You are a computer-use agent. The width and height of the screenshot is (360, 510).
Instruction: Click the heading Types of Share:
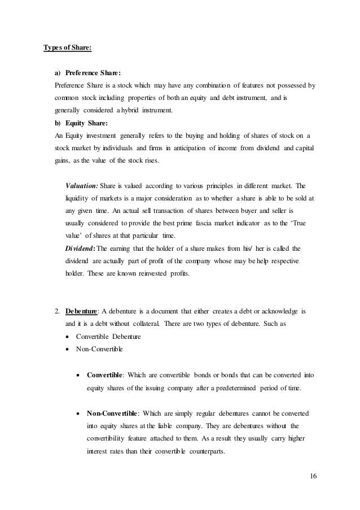click(x=68, y=47)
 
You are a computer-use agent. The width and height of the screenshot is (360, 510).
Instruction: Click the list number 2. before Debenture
click(x=57, y=310)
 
